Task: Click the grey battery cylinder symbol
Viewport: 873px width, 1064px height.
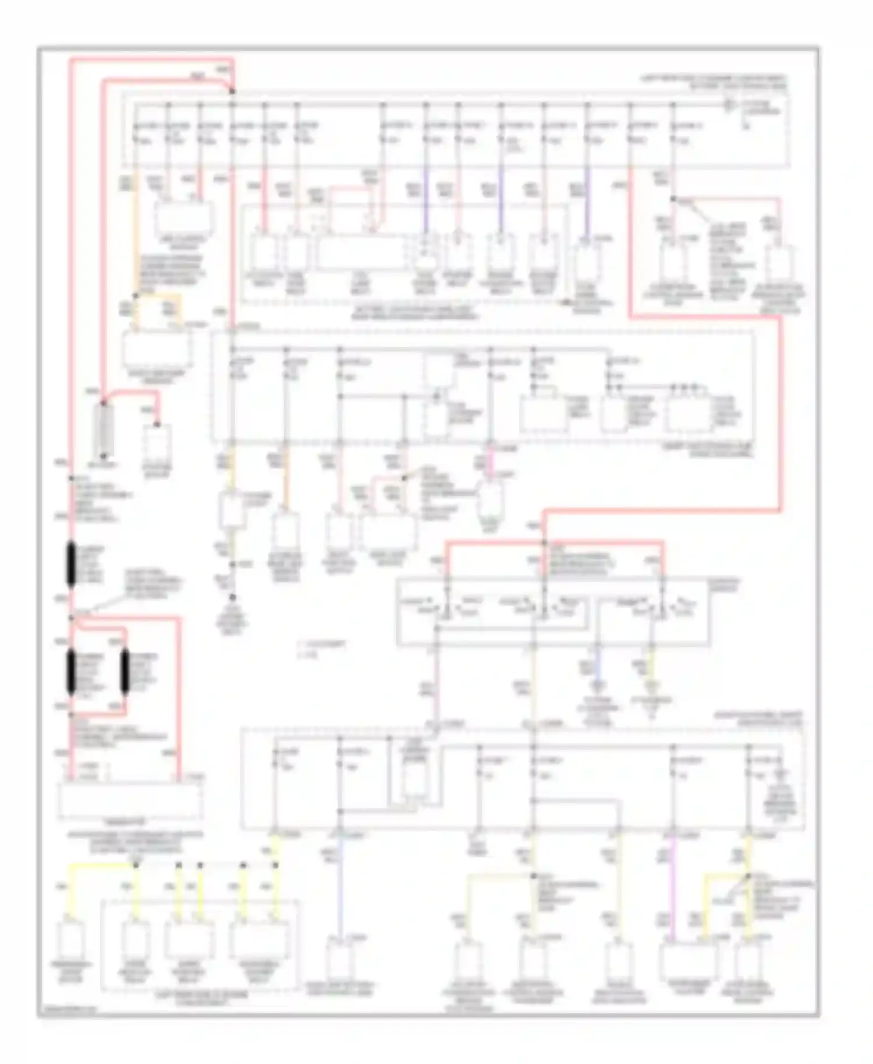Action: click(x=105, y=430)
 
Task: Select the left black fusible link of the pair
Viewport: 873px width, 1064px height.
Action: click(x=72, y=672)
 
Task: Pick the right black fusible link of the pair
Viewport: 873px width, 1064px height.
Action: click(x=124, y=672)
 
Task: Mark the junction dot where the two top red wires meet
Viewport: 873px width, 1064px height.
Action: click(x=232, y=91)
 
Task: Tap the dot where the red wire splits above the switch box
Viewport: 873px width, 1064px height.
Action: click(x=544, y=543)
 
